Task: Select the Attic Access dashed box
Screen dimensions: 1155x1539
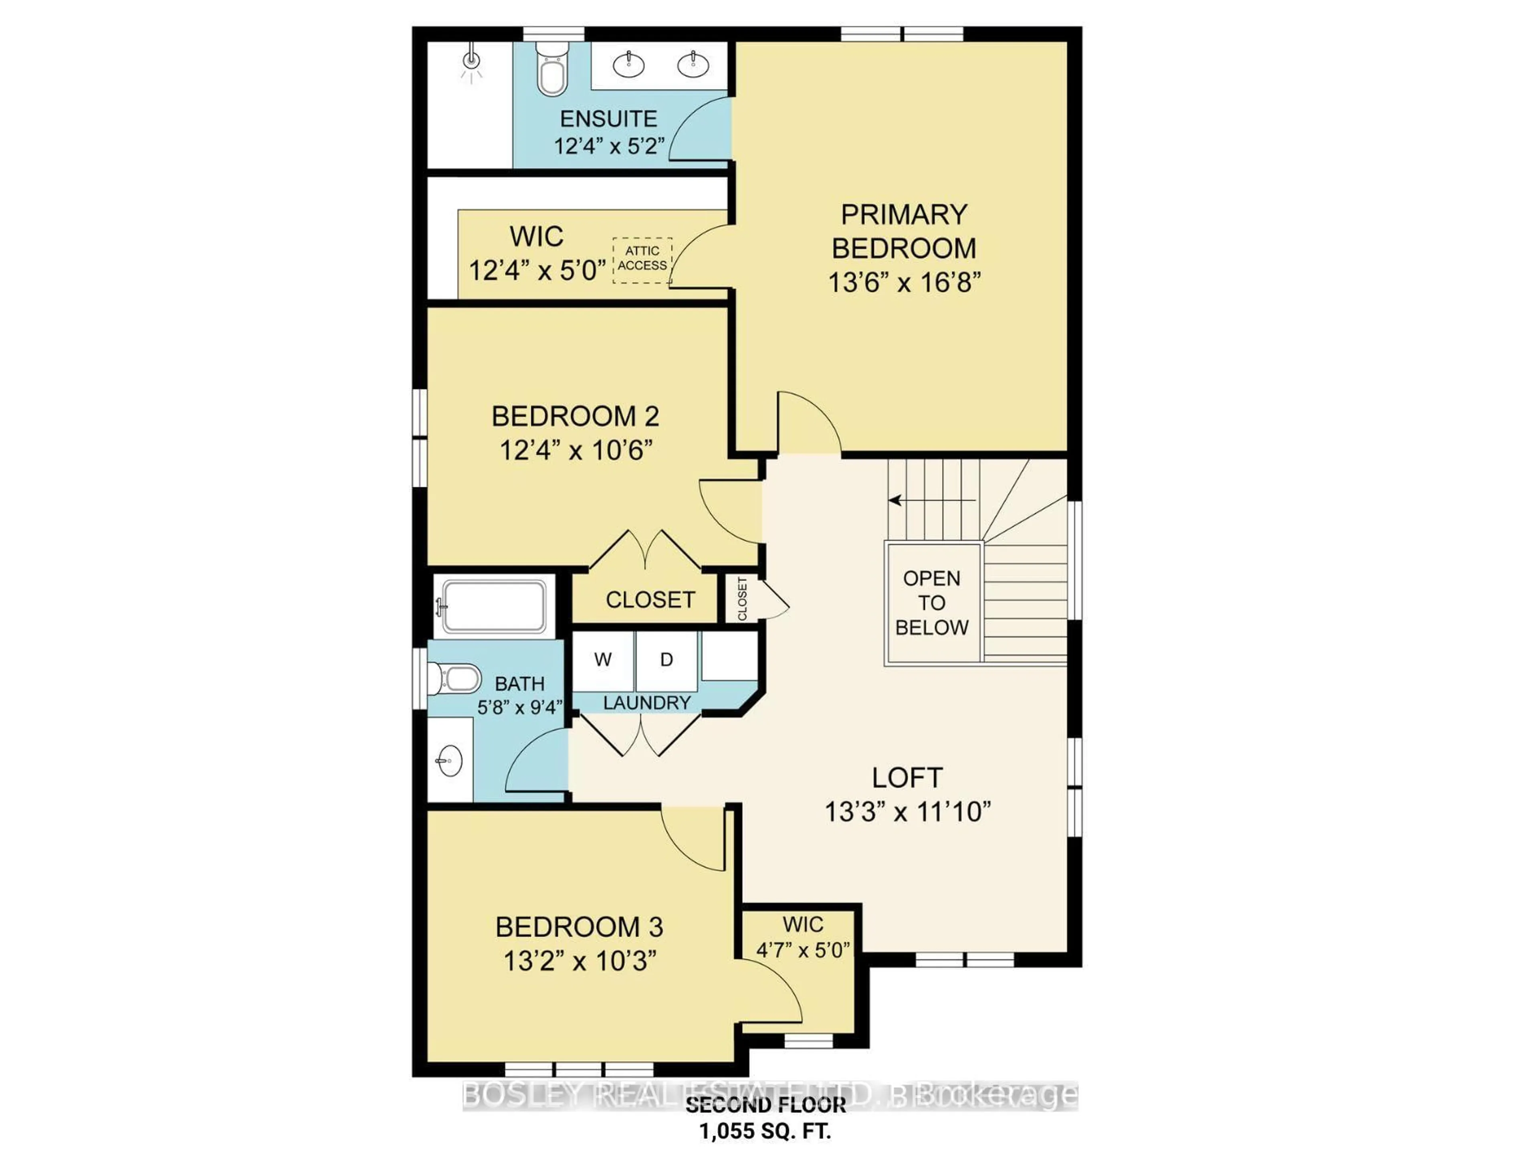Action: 642,259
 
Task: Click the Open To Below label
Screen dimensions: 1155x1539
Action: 931,603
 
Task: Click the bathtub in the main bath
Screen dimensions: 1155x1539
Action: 494,607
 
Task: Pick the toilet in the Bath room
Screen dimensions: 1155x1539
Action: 456,678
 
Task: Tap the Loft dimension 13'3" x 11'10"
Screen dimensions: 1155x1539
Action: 907,812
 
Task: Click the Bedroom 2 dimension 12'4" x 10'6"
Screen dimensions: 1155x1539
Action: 576,451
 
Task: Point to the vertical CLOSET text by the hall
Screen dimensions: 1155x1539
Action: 742,599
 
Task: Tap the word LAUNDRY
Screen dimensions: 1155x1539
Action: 646,703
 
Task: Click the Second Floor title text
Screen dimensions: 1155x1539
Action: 765,1105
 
